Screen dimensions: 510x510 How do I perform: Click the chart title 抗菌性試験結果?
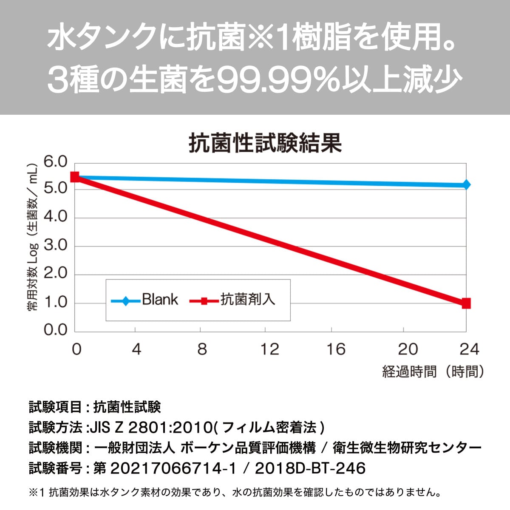tap(265, 144)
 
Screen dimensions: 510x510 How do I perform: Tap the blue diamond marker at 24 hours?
tap(466, 184)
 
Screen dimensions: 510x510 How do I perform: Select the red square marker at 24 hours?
tap(466, 303)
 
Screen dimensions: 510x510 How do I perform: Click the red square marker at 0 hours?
tap(75, 177)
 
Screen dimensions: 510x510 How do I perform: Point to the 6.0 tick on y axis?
tap(56, 162)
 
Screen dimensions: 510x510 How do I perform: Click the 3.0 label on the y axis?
tap(56, 246)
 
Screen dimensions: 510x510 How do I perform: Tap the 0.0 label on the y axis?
tap(56, 330)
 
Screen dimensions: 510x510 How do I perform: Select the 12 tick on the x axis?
tap(269, 349)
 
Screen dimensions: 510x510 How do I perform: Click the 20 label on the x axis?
tap(408, 349)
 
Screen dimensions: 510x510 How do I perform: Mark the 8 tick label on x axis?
tap(202, 349)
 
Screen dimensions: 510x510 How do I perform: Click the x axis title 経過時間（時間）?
tap(433, 371)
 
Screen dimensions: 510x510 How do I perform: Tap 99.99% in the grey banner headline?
tap(283, 80)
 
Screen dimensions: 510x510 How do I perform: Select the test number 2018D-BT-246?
tap(310, 468)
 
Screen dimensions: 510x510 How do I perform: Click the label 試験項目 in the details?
tap(55, 407)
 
